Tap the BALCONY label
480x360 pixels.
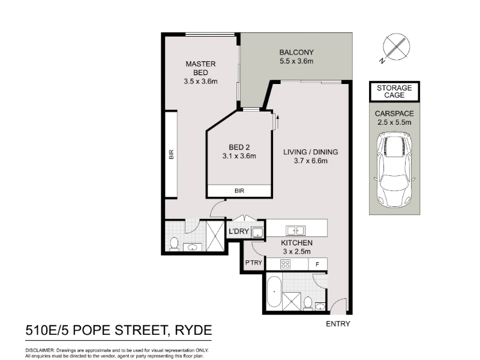(x=296, y=52)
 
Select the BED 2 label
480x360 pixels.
(x=239, y=147)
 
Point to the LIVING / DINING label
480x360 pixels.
(x=310, y=152)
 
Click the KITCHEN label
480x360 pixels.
(x=296, y=243)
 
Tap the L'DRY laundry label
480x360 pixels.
(x=239, y=231)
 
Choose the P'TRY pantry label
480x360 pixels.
(x=254, y=263)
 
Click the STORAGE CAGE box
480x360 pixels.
(x=394, y=92)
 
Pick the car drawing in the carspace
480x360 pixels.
(x=394, y=170)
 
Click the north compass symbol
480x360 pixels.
(x=395, y=47)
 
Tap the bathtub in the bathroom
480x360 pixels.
(x=274, y=292)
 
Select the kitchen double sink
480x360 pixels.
(x=295, y=230)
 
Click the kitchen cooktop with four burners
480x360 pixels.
(x=286, y=264)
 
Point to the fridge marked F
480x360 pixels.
(x=317, y=264)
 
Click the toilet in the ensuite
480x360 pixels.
(x=174, y=244)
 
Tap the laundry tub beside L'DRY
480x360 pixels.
(x=257, y=232)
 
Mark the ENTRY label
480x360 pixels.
(x=338, y=324)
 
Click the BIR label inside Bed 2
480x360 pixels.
(x=239, y=191)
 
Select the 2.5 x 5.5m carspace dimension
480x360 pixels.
(x=394, y=122)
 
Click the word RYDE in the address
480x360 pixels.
(x=193, y=331)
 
